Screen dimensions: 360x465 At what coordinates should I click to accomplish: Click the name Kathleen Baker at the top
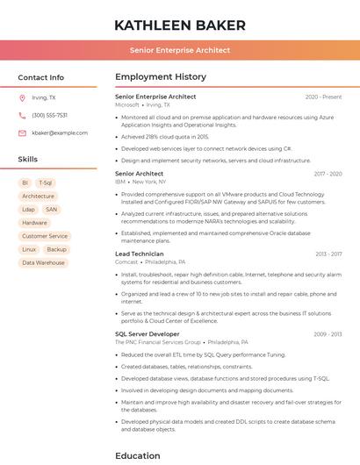179,25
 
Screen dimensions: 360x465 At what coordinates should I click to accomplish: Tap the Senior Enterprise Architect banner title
179,50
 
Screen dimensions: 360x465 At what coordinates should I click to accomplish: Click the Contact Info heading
40,77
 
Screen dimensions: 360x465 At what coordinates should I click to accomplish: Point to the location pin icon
22,98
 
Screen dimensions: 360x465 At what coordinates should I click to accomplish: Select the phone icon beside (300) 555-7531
22,115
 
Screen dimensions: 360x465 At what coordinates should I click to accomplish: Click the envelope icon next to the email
22,132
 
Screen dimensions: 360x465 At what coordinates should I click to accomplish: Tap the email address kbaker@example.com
60,132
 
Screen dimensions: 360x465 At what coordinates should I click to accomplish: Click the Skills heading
28,160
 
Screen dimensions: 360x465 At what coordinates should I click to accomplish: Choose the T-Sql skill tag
46,182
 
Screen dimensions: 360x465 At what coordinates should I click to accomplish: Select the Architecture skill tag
38,197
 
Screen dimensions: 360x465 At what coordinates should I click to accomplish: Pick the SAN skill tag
52,210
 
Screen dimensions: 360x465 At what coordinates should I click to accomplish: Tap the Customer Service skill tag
44,236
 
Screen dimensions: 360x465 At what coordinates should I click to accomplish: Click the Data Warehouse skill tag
43,262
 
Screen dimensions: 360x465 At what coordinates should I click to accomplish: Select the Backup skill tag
56,249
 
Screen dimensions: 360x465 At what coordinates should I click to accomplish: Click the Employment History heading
161,77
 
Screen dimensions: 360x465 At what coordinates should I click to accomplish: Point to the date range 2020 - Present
323,97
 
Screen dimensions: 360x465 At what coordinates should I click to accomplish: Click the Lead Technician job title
140,254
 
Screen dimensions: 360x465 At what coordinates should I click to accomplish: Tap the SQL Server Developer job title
147,333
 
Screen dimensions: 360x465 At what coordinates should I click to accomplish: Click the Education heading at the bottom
138,455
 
